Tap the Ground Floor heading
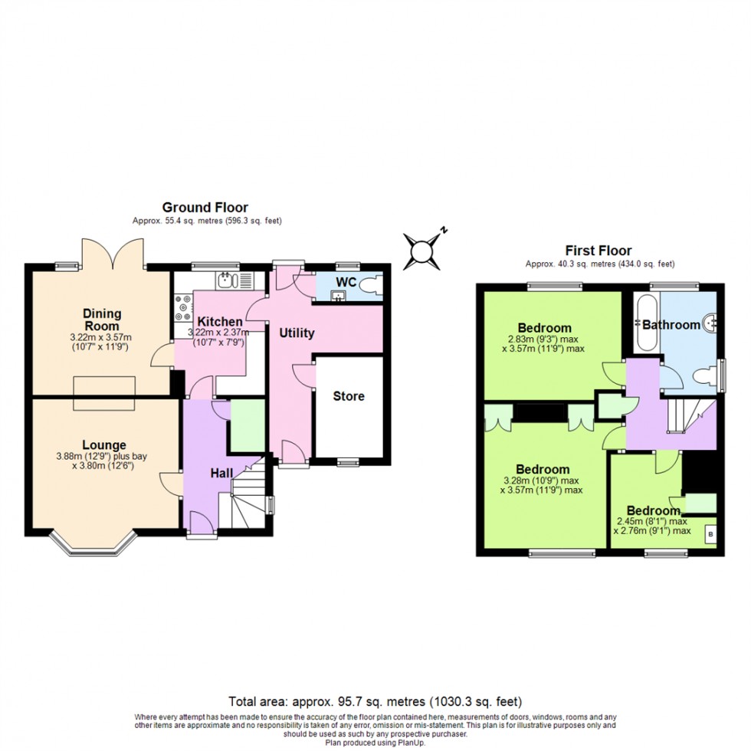205,207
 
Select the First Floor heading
599,250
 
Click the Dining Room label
102,319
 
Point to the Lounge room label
104,444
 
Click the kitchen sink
226,280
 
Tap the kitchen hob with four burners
183,307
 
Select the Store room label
348,396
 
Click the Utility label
297,333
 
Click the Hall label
221,474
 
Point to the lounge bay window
93,544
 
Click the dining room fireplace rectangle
105,394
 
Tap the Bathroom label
671,324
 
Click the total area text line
375,701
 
